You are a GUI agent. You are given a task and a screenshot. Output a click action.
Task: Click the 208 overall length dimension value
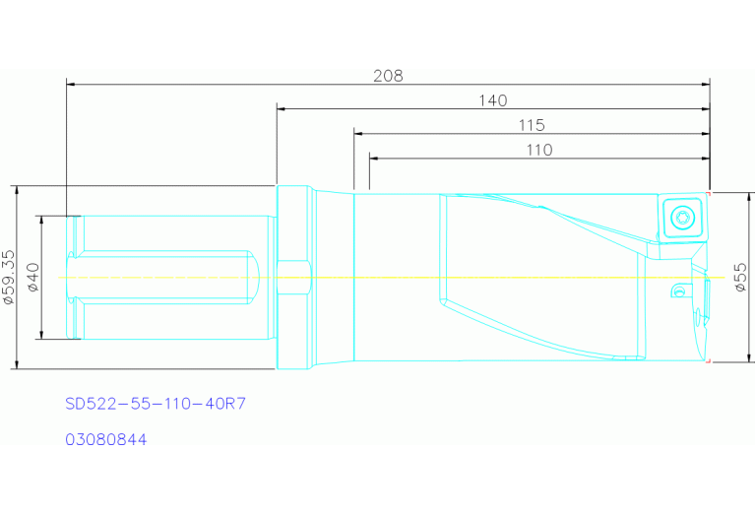click(388, 76)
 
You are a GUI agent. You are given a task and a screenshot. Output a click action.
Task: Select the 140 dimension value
click(492, 100)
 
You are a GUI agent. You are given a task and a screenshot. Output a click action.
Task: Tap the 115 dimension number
click(531, 125)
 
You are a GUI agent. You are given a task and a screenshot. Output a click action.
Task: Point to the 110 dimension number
click(538, 150)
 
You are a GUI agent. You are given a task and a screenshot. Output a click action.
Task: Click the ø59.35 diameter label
click(9, 278)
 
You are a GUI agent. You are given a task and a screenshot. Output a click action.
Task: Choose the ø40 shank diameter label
click(32, 278)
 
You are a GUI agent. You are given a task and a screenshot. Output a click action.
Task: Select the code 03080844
click(105, 440)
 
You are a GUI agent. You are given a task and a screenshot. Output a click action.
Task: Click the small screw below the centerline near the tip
click(677, 290)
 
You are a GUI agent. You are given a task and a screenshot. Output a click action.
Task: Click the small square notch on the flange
click(293, 277)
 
